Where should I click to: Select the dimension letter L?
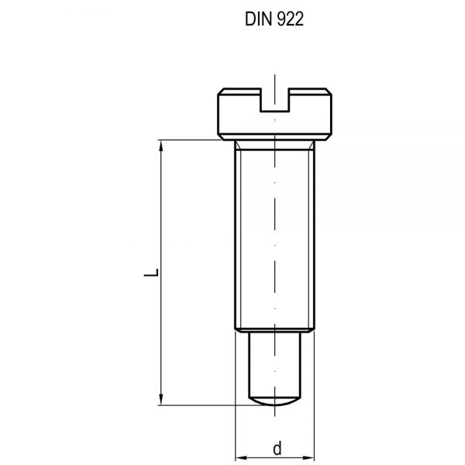(155, 273)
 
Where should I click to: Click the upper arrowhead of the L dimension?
(160, 145)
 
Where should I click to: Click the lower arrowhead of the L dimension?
(160, 400)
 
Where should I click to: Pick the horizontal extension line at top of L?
(186, 139)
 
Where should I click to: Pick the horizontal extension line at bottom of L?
(201, 405)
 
